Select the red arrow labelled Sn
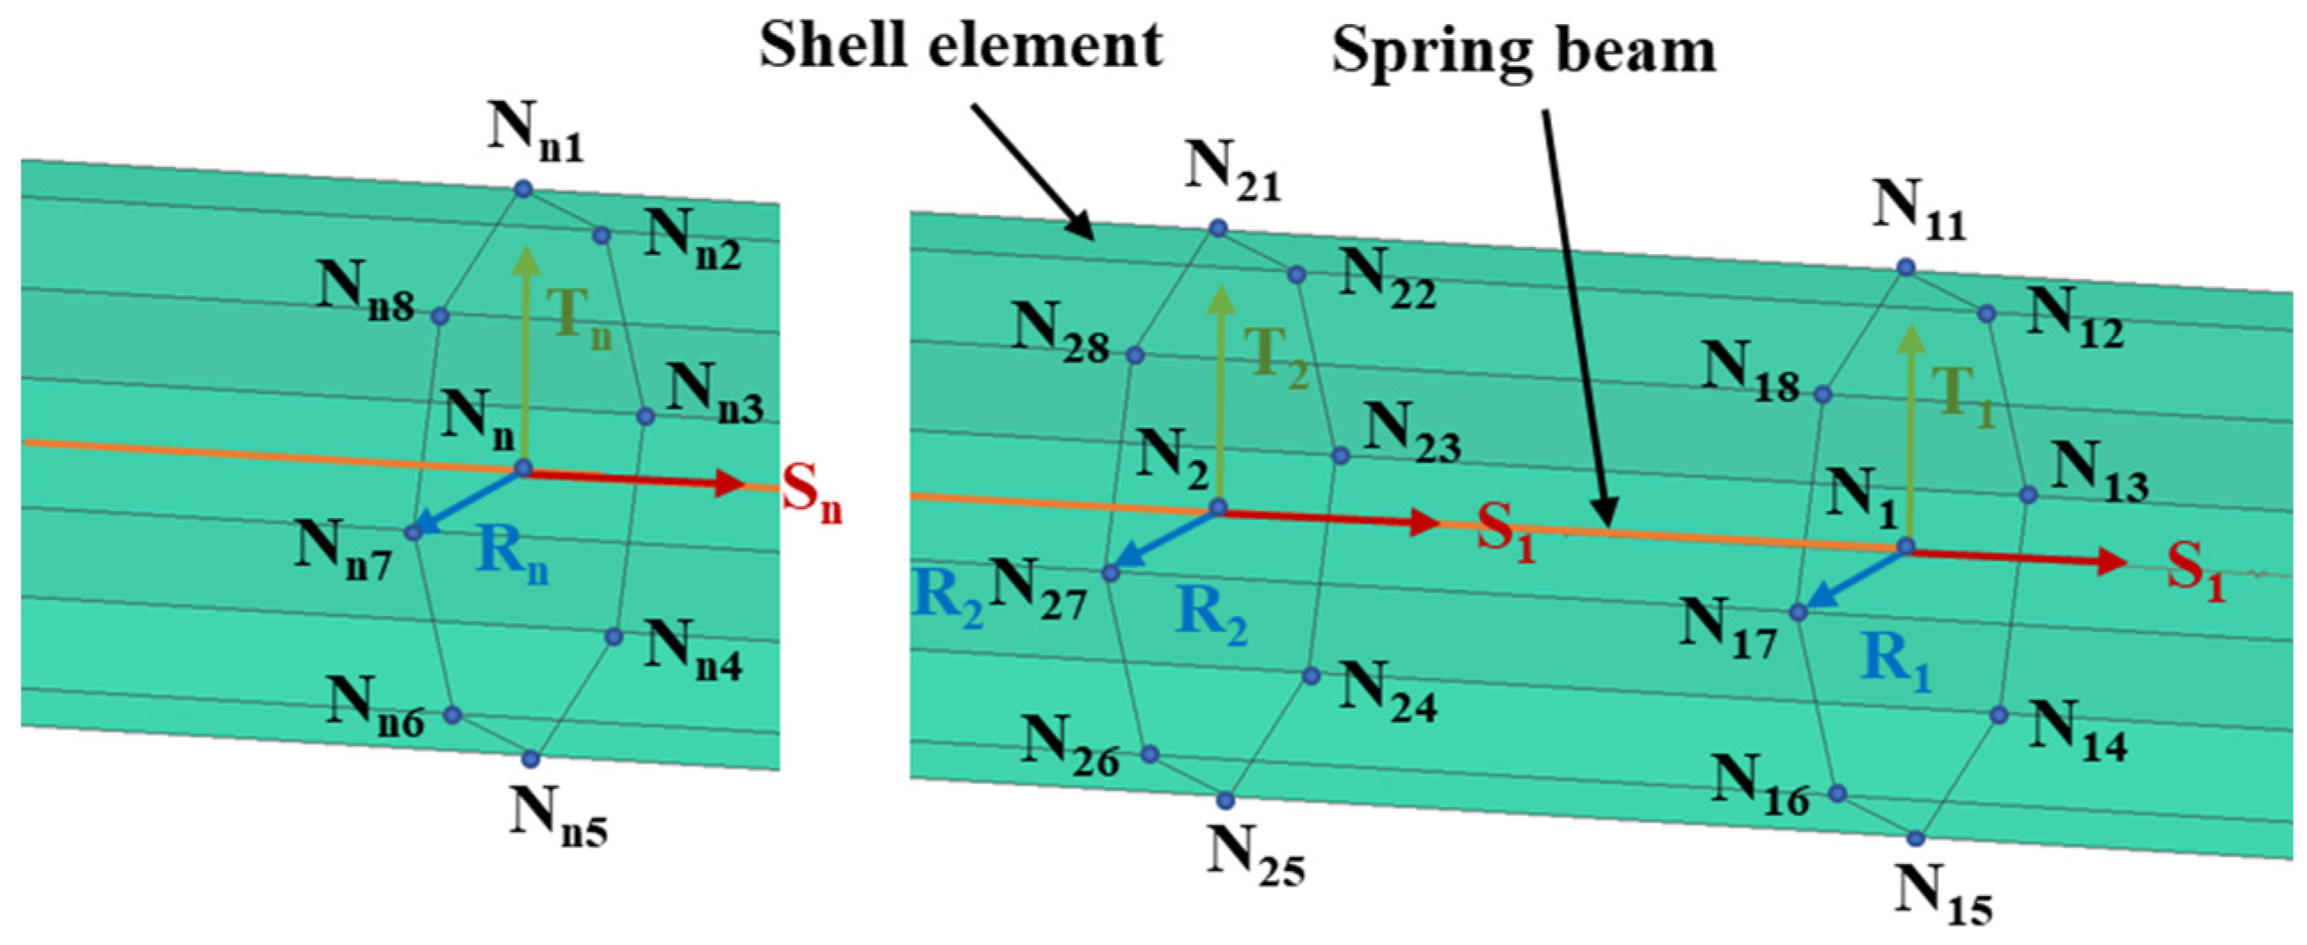pos(636,479)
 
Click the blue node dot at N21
pos(1217,228)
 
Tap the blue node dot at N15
pos(1915,838)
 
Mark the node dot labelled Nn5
pos(531,759)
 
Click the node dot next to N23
pos(1339,455)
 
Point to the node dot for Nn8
pos(439,316)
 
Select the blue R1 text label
pos(1895,663)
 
